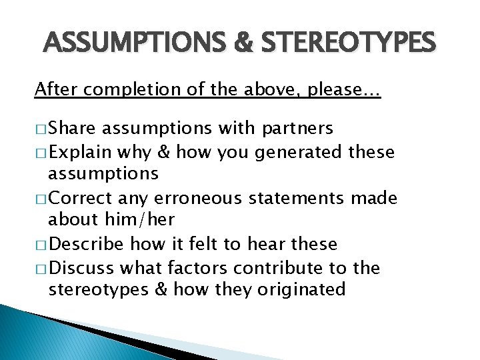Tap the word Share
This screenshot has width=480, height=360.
(72, 128)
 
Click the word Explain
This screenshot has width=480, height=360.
(80, 152)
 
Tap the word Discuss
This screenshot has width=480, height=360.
(81, 268)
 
